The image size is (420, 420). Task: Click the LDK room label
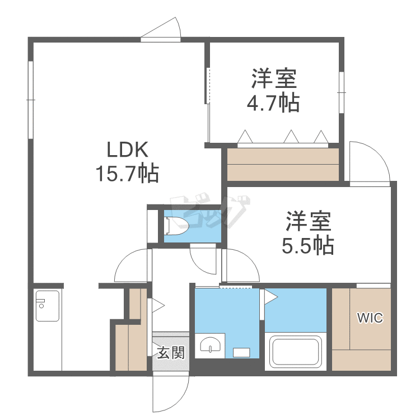pyautogui.click(x=128, y=151)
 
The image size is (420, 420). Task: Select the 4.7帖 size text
pyautogui.click(x=273, y=102)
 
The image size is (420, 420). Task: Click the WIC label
pyautogui.click(x=370, y=319)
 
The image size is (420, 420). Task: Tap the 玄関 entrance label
pyautogui.click(x=170, y=353)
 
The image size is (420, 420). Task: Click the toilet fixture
pyautogui.click(x=176, y=225)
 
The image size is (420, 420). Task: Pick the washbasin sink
pyautogui.click(x=210, y=345)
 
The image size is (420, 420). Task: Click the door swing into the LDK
pyautogui.click(x=133, y=267)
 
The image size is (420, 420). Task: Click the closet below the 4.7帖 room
pyautogui.click(x=283, y=164)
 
